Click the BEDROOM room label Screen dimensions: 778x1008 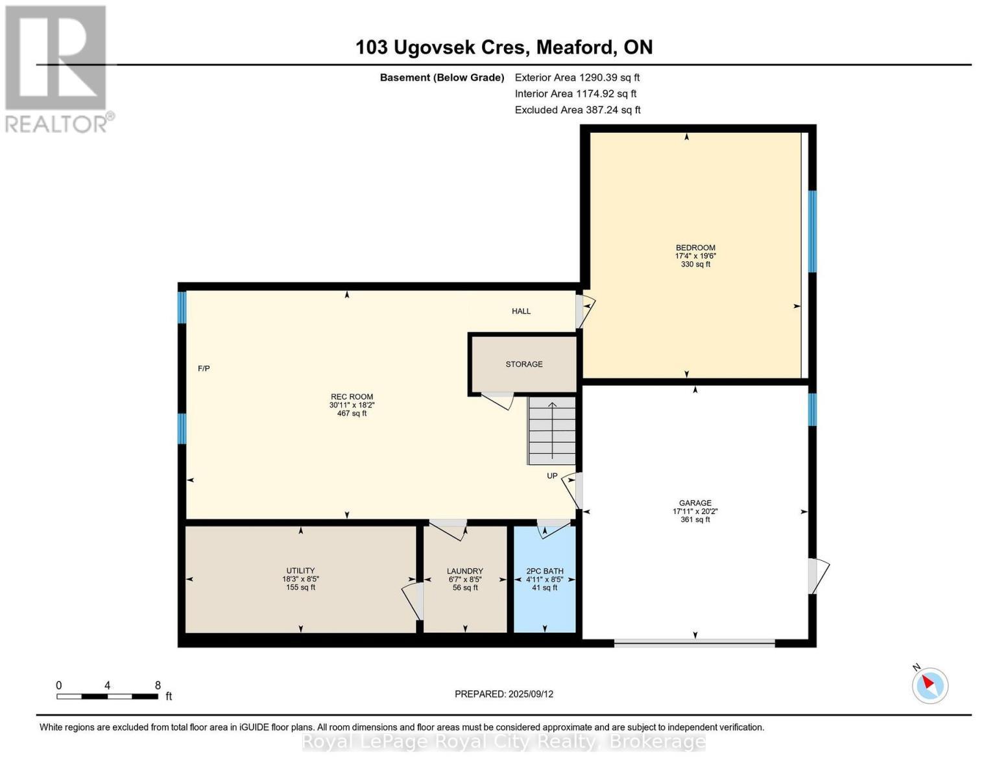pyautogui.click(x=695, y=248)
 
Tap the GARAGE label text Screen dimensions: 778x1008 pyautogui.click(x=695, y=503)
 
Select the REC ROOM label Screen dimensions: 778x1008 pyautogui.click(x=352, y=397)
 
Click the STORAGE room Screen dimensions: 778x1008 pyautogui.click(x=523, y=364)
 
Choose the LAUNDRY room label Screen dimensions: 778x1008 pyautogui.click(x=465, y=572)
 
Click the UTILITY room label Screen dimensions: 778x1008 pyautogui.click(x=300, y=571)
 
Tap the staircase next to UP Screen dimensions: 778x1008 pyautogui.click(x=552, y=430)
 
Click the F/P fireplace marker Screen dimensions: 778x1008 pyautogui.click(x=204, y=369)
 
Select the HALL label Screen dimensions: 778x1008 pyautogui.click(x=521, y=311)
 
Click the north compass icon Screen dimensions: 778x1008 pyautogui.click(x=930, y=685)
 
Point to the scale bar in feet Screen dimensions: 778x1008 pyautogui.click(x=107, y=696)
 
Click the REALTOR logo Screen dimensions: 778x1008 pyautogui.click(x=57, y=68)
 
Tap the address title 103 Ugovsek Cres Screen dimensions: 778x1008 pyautogui.click(x=503, y=47)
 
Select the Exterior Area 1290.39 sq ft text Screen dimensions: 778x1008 pyautogui.click(x=577, y=78)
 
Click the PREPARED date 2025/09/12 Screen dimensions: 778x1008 pyautogui.click(x=503, y=694)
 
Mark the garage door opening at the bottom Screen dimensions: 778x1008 pyautogui.click(x=694, y=643)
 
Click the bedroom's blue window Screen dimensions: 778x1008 pyautogui.click(x=811, y=231)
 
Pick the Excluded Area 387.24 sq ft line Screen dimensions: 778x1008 pyautogui.click(x=577, y=110)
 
